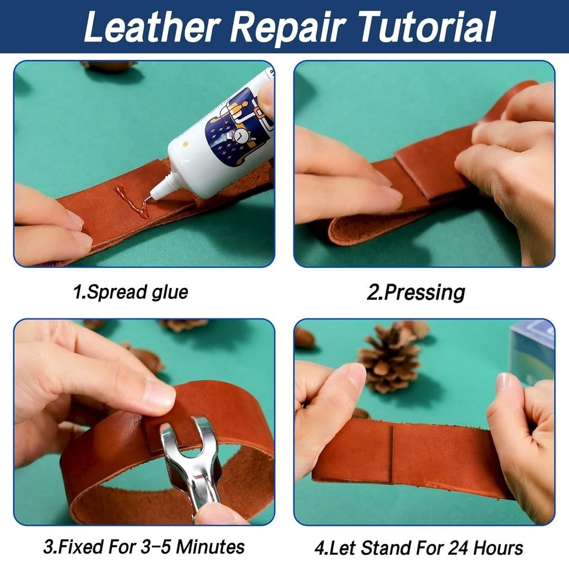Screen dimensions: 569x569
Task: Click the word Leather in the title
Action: [152, 27]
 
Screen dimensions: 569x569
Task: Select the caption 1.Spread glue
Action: [130, 292]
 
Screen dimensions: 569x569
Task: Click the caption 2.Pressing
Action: [416, 292]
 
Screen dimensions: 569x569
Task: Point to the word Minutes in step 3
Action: [210, 547]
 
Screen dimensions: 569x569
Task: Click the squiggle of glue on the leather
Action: [132, 202]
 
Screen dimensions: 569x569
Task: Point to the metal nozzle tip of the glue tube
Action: [148, 199]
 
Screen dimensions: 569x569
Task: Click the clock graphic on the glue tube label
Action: [238, 135]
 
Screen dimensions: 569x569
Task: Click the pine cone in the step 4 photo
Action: [390, 359]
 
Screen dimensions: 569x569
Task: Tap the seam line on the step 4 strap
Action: [392, 453]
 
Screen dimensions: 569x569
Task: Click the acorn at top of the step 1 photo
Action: [109, 66]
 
